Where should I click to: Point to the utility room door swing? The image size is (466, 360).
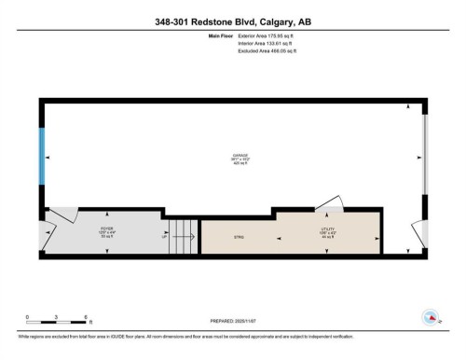point(325,203)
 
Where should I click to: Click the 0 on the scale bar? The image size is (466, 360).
point(28,317)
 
